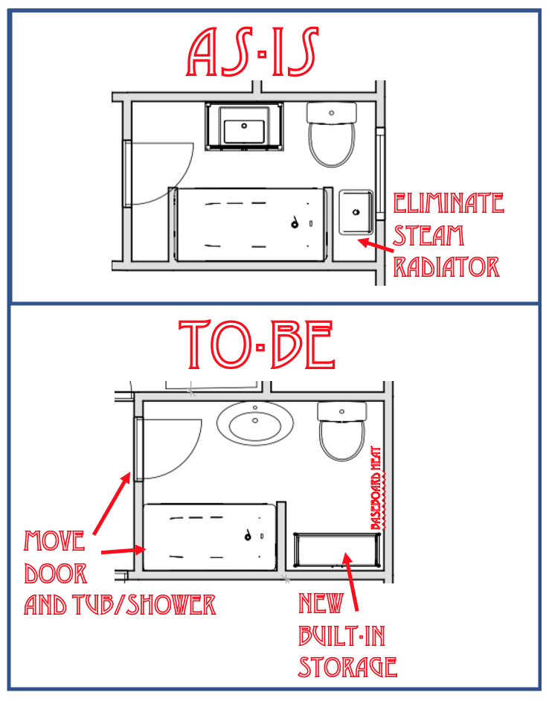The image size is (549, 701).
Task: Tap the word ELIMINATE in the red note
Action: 448,202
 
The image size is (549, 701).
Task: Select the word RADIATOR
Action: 446,266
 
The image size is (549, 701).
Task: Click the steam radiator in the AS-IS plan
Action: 356,213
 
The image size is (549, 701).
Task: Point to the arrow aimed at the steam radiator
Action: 374,244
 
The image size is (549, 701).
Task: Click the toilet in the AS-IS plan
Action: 332,134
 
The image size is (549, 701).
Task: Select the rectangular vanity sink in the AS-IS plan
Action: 244,127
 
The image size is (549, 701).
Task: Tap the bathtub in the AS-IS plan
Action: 251,224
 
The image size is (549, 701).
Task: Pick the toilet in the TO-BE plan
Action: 342,431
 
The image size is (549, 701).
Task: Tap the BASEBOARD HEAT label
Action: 376,487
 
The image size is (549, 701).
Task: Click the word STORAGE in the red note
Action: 347,666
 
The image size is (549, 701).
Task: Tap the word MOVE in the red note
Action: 56,540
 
